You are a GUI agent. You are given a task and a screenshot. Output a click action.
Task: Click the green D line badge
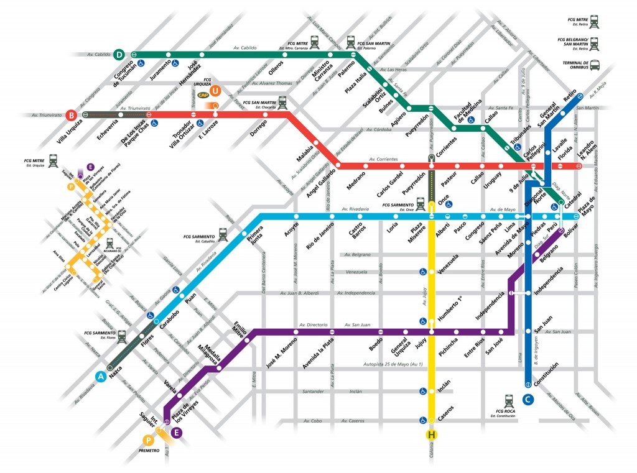pos(119,55)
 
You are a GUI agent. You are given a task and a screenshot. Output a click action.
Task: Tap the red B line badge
pos(72,115)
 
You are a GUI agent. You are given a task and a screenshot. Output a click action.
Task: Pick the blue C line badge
pos(528,400)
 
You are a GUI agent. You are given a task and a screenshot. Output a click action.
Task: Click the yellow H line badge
pos(431,434)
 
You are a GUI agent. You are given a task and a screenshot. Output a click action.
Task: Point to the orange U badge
pos(215,91)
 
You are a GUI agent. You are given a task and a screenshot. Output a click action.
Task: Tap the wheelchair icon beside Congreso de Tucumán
pos(142,63)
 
